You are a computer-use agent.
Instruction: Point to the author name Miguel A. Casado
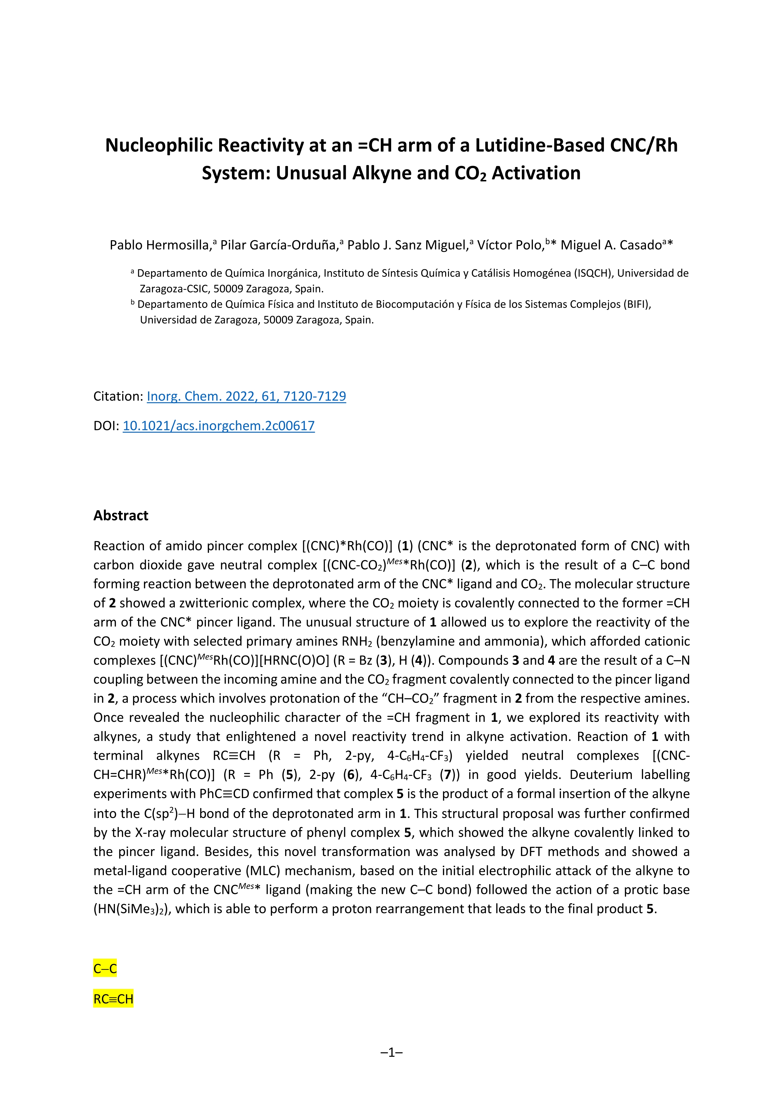coord(610,245)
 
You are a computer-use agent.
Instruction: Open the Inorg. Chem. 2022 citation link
coord(246,396)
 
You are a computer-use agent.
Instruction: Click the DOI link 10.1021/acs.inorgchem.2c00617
coord(218,426)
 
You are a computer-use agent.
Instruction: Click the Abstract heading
coord(121,515)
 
